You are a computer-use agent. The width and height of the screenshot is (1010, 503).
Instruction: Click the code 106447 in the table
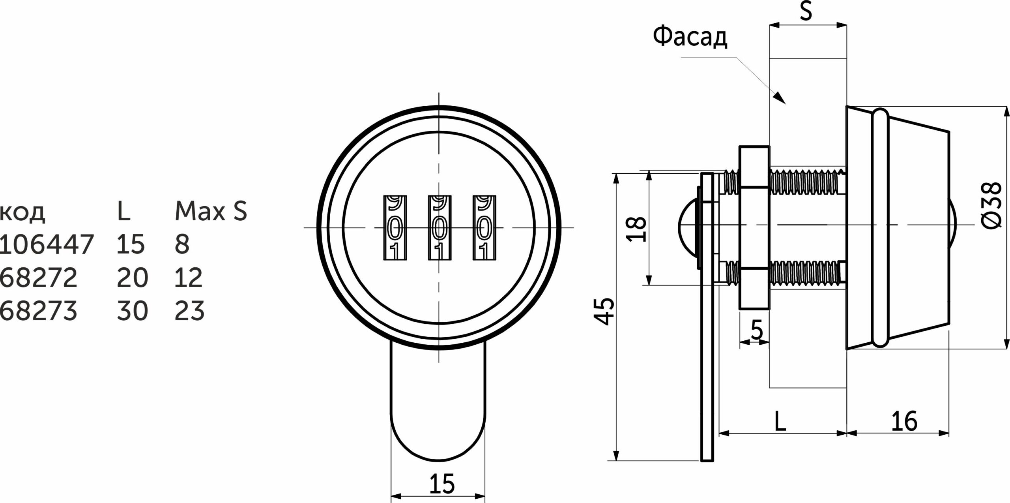[x=47, y=244]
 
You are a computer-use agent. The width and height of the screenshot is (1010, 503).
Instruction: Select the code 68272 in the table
[x=38, y=278]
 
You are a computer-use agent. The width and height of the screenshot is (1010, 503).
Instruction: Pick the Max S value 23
[x=189, y=311]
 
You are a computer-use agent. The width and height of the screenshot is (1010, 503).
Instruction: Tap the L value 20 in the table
[x=132, y=278]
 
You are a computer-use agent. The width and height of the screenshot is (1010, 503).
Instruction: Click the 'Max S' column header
[x=211, y=211]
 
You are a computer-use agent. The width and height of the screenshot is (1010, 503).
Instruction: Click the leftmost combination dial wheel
[x=395, y=228]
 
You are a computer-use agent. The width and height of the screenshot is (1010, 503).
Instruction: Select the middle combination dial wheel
[x=440, y=228]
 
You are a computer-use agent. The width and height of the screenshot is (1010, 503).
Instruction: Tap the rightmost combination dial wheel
[x=484, y=228]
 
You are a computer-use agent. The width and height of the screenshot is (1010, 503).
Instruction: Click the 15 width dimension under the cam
[x=441, y=483]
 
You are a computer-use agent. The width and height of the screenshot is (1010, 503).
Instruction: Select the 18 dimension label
[x=636, y=229]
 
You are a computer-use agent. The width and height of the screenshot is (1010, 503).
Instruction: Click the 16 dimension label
[x=904, y=421]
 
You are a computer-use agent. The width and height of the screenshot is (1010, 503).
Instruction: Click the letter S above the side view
[x=806, y=12]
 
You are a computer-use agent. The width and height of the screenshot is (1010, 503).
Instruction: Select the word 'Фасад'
[x=690, y=38]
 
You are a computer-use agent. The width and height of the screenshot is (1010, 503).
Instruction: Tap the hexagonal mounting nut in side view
[x=754, y=228]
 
